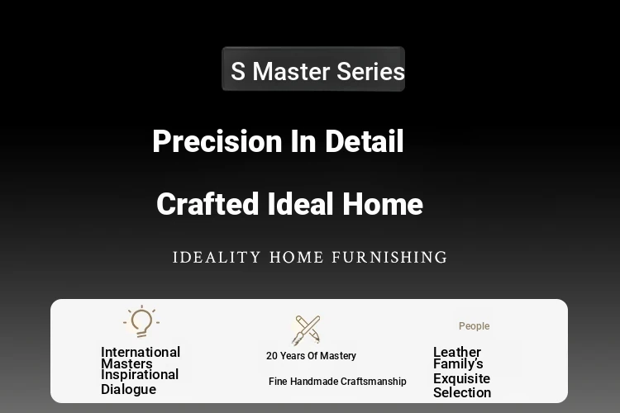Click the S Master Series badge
tap(313, 69)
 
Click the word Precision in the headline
tap(217, 141)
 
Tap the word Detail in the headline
tap(365, 140)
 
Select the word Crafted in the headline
tap(207, 204)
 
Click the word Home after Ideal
tap(383, 204)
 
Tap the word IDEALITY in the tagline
tap(217, 257)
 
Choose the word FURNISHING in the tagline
tap(389, 257)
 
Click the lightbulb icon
tap(141, 321)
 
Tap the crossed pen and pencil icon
tap(306, 330)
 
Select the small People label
tap(475, 326)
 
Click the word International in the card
tap(141, 352)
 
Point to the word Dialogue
tap(128, 389)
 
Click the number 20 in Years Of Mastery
tap(272, 356)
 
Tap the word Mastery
tap(338, 356)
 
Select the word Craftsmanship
tap(374, 382)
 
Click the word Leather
tap(457, 352)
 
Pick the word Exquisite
tap(462, 378)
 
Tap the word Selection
tap(462, 392)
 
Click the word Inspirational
tap(140, 375)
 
